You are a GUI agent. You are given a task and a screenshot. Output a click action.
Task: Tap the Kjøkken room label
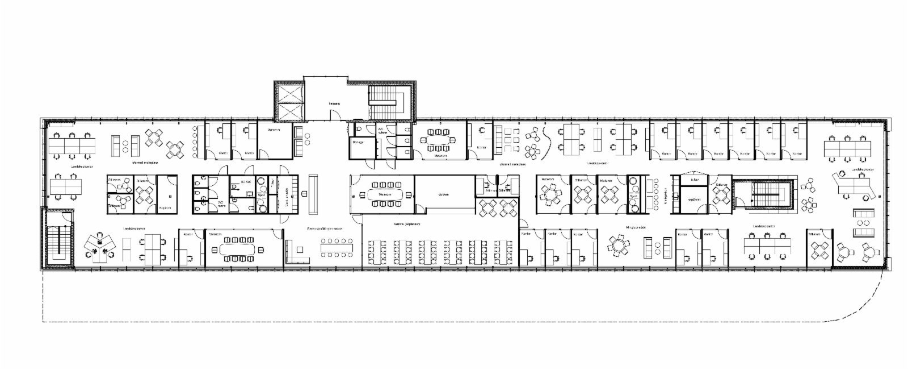(444, 195)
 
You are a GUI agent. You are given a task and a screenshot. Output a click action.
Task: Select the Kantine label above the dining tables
(406, 224)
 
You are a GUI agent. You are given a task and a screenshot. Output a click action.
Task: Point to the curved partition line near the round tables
(546, 138)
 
